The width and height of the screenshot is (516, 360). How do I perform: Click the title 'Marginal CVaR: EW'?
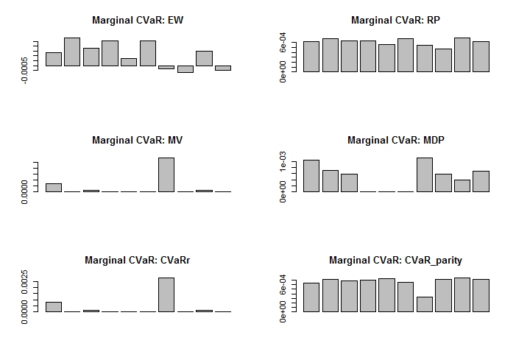pyautogui.click(x=138, y=20)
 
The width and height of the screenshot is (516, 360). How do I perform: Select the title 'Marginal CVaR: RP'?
pyautogui.click(x=395, y=20)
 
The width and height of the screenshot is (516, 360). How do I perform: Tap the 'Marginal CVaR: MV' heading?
pyautogui.click(x=138, y=140)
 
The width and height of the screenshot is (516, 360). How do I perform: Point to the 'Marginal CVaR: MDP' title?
pyautogui.click(x=395, y=140)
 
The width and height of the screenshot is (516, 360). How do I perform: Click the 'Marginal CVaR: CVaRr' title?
pyautogui.click(x=138, y=260)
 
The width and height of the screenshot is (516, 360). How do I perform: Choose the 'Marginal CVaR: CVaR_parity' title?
pyautogui.click(x=395, y=260)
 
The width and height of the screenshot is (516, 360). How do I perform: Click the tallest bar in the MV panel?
pyautogui.click(x=166, y=174)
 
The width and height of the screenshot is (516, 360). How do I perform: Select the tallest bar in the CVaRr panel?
pyautogui.click(x=166, y=294)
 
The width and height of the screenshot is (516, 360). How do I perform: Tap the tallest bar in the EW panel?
pyautogui.click(x=72, y=52)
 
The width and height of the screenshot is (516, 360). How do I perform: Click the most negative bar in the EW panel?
pyautogui.click(x=185, y=69)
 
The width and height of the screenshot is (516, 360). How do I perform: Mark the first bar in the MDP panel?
pyautogui.click(x=311, y=176)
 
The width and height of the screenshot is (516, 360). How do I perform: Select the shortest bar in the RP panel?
pyautogui.click(x=443, y=60)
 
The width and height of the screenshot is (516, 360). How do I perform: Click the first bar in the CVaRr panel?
pyautogui.click(x=54, y=307)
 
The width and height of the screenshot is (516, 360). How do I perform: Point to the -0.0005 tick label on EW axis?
pyautogui.click(x=26, y=69)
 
